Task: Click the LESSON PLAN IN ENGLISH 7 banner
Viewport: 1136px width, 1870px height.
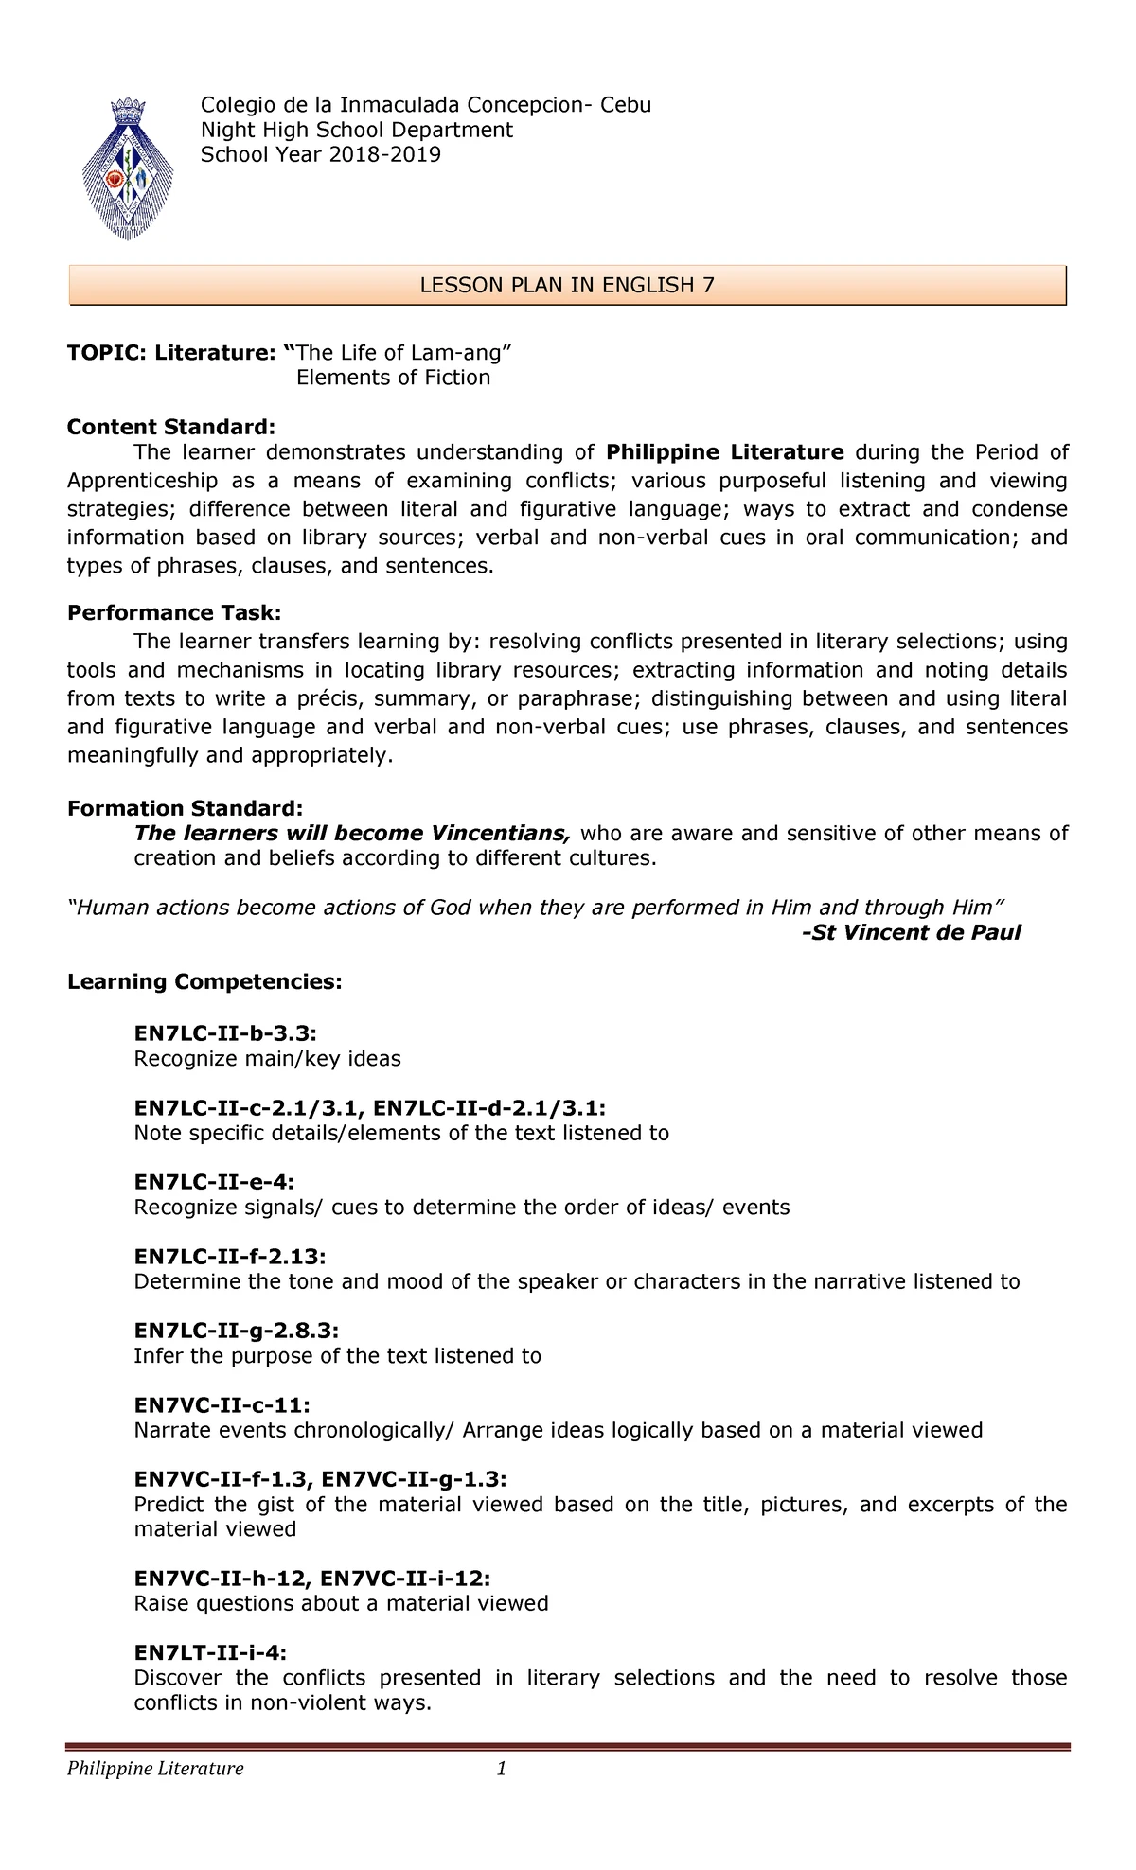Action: coord(567,286)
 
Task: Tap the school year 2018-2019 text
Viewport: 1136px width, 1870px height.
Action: coord(320,154)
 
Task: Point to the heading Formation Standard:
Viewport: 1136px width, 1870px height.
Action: coord(185,808)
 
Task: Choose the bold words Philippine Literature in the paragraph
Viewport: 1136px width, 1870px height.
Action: coord(724,451)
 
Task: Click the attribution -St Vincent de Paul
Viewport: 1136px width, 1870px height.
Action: coord(911,932)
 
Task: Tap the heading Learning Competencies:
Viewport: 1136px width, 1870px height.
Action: coord(204,981)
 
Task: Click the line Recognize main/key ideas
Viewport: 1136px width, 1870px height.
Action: coord(267,1058)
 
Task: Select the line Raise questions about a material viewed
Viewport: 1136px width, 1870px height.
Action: coord(341,1603)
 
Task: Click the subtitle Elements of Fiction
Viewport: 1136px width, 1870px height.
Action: coord(393,378)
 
